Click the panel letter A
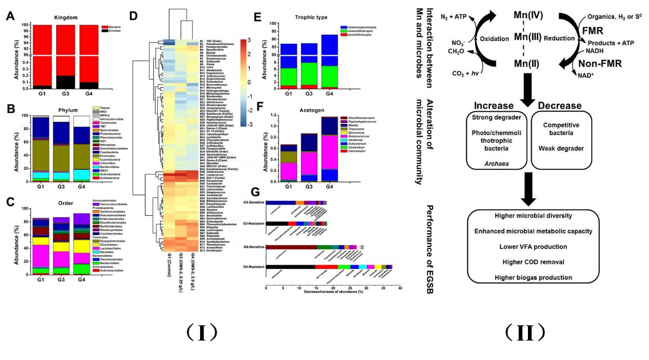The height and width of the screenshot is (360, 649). (x=9, y=16)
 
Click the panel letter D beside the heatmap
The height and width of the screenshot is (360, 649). (x=134, y=16)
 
